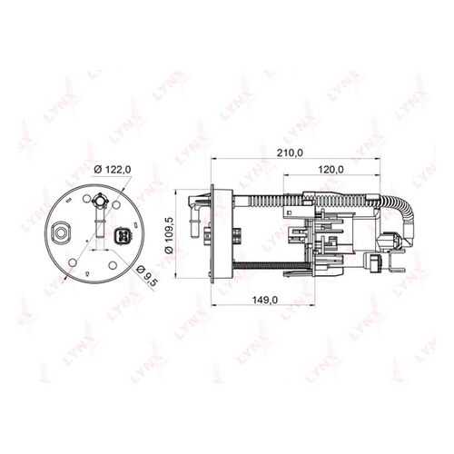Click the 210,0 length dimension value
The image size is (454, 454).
tap(291, 153)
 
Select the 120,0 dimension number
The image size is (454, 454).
tap(331, 170)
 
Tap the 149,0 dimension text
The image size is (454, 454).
tap(265, 300)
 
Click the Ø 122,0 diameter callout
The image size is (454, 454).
tap(113, 170)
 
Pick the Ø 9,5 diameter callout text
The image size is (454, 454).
tap(147, 277)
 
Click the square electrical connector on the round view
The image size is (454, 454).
tap(122, 235)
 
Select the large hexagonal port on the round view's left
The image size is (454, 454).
tap(61, 232)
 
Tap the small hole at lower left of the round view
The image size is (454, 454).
tap(73, 262)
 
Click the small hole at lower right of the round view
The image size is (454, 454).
tap(113, 265)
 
